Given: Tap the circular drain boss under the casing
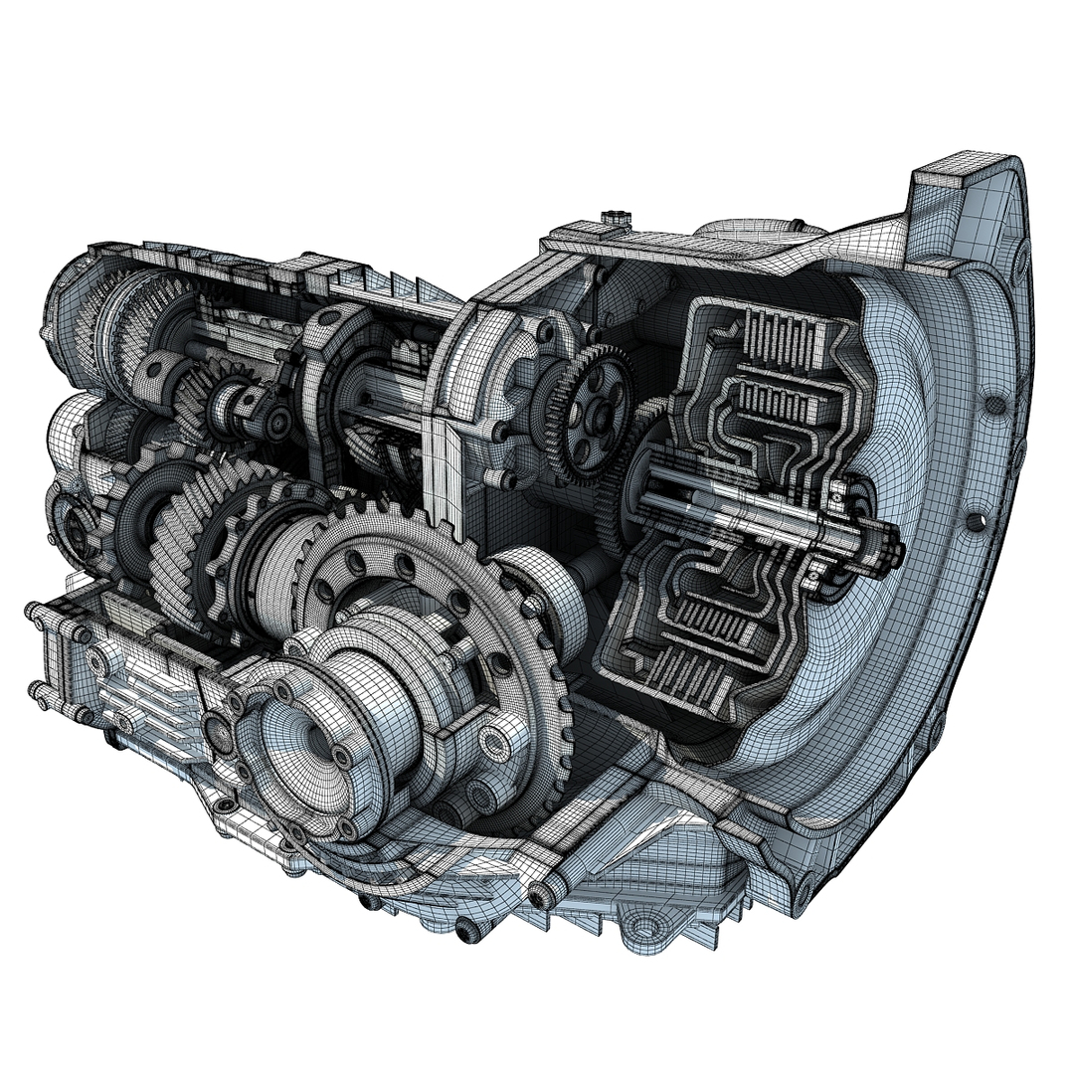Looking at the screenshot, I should click(x=647, y=930).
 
